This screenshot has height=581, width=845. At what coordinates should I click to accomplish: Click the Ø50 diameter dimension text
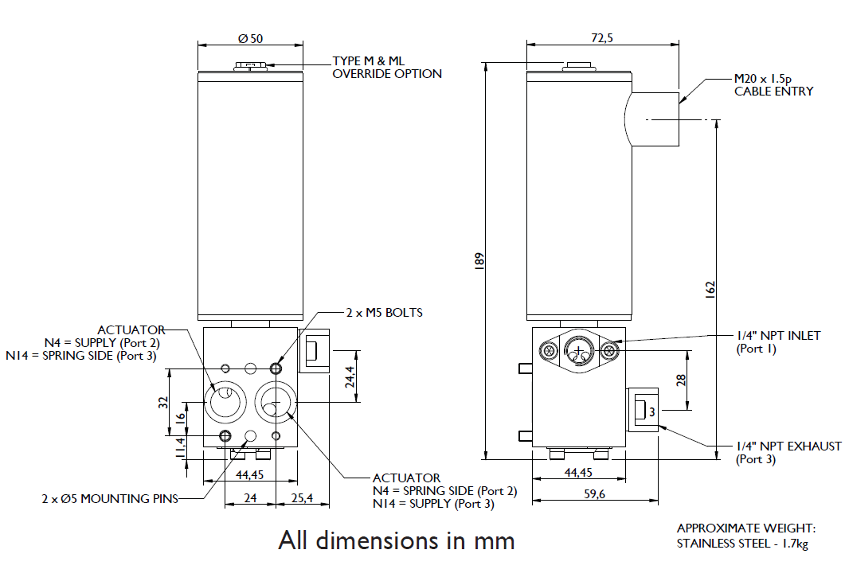tap(250, 38)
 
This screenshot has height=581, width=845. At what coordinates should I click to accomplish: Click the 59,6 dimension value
tap(594, 493)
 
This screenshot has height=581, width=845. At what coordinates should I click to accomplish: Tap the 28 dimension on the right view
tap(682, 381)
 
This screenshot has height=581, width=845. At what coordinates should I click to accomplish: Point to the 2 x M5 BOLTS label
tap(384, 313)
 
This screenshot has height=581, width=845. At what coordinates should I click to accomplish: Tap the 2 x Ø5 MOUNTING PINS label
tap(110, 499)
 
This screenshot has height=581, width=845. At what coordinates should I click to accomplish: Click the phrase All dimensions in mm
tap(396, 540)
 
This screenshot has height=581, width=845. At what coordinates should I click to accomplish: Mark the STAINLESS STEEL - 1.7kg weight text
tap(742, 544)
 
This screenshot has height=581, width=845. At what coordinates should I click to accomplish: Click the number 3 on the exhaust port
tap(651, 412)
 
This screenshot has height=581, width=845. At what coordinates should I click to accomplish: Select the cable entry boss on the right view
tap(652, 119)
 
